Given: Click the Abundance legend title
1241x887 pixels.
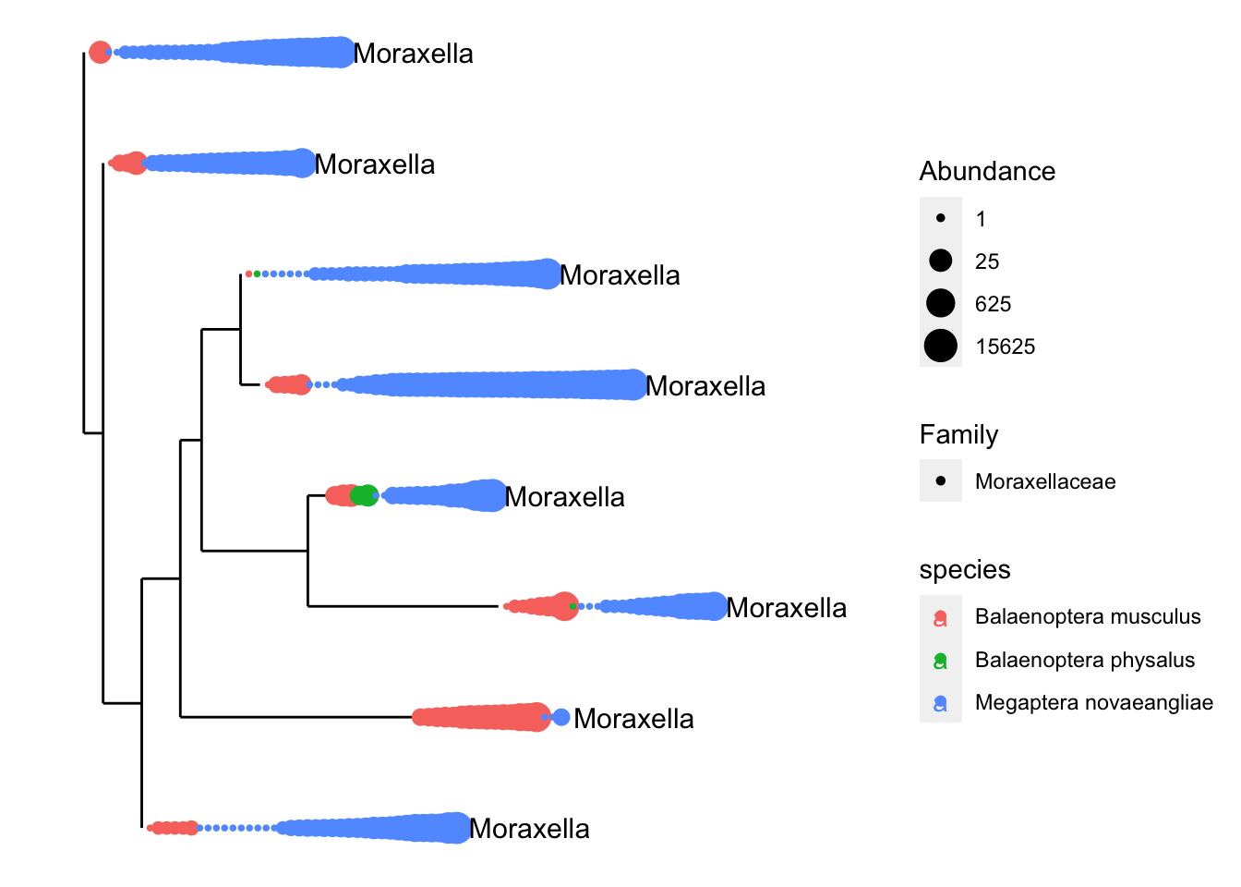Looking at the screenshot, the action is pos(987,171).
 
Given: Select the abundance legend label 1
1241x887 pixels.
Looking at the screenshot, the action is pos(982,219).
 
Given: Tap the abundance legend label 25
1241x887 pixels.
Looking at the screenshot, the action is pos(987,261).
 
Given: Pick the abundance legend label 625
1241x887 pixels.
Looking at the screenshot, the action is pos(994,304).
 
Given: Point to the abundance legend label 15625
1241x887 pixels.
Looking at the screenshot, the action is pos(1006,346).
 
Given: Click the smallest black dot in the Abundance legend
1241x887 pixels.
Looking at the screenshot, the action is pos(941,218).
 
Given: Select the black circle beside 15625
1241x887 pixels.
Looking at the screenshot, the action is pos(941,346).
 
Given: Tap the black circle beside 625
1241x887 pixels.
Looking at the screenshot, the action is pos(941,303).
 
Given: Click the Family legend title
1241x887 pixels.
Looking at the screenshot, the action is pos(959,434).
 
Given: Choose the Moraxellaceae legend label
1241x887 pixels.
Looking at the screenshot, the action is pos(1045,481).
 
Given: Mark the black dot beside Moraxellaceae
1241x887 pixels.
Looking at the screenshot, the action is pos(941,480).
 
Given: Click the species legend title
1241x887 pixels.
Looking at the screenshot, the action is pos(965,570).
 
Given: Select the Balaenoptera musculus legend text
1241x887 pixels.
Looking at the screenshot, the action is pos(1088,616).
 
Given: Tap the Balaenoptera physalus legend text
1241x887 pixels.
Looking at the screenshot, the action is pos(1085,660).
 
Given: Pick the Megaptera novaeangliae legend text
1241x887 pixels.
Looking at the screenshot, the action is pos(1094,702).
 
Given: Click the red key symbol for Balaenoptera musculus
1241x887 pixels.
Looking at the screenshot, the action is pos(940,617).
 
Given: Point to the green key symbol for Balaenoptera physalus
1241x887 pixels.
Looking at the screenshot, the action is pos(940,661).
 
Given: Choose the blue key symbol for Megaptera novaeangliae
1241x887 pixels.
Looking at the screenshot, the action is pos(940,703).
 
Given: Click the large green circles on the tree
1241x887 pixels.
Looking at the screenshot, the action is pos(365,495).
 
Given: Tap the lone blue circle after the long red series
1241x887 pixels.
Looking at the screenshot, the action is pos(561,717).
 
